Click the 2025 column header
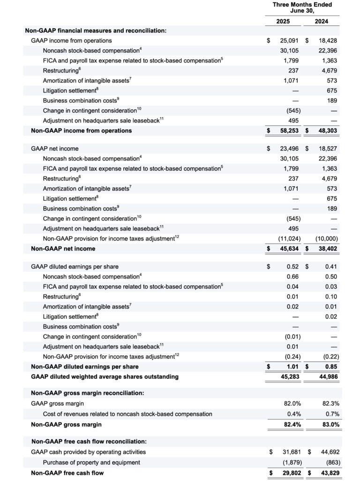(x=283, y=22)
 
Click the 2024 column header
(x=321, y=22)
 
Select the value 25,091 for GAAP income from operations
(x=290, y=41)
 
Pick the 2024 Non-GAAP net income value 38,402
(x=328, y=249)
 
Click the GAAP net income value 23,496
(x=290, y=149)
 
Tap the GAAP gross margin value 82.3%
(x=331, y=403)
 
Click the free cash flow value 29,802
(x=292, y=473)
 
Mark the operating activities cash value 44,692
(x=330, y=452)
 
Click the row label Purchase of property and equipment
(x=91, y=463)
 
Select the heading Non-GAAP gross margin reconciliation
(x=88, y=393)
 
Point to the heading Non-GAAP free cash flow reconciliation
(x=89, y=441)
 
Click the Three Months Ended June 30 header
(x=302, y=8)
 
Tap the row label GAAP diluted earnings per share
(x=75, y=266)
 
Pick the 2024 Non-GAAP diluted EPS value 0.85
(x=331, y=366)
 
